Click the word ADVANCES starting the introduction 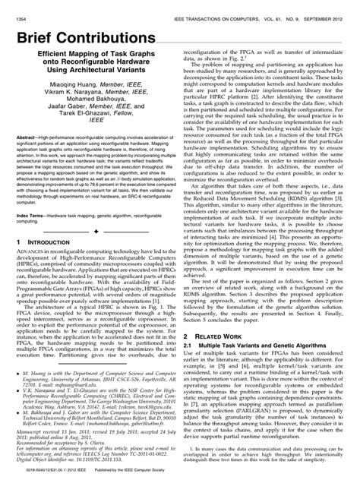click(34, 274)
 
